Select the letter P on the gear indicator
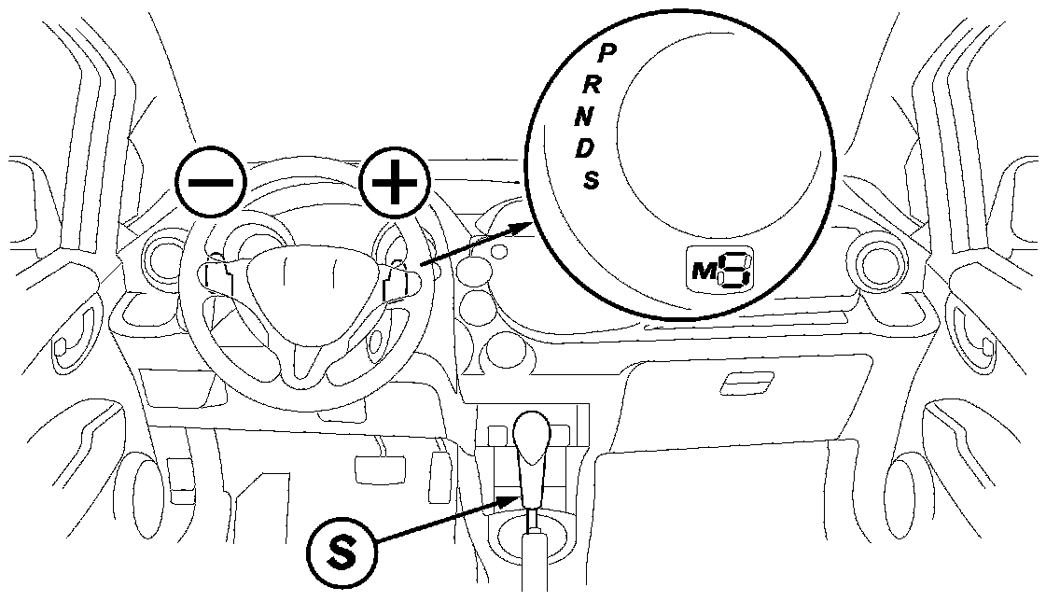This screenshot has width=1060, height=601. (605, 54)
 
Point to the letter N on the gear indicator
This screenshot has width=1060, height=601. (584, 116)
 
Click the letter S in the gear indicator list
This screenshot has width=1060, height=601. (591, 178)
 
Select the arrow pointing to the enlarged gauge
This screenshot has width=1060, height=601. (476, 245)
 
